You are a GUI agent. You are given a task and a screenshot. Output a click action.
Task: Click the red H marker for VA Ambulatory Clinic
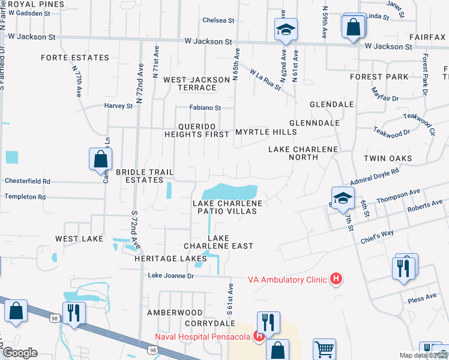coord(337,278)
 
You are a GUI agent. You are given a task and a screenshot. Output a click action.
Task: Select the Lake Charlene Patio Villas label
coord(227,208)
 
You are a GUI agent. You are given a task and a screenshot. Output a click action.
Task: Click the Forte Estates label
coord(75,58)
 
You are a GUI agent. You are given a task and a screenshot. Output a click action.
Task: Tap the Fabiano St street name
coord(205,108)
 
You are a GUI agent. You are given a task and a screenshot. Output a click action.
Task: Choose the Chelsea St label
coord(218,20)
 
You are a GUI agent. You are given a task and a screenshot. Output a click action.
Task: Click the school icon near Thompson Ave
coord(342,199)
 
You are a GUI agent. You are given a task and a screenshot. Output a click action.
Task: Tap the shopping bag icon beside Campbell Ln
coord(100,159)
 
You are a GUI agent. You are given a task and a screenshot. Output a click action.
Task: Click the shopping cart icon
coord(324,348)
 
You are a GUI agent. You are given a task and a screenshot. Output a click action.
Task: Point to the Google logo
coord(19,353)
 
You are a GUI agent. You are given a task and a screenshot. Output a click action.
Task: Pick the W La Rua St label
coord(265,79)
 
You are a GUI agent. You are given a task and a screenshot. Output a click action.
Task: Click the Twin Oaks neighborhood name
coord(387,158)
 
